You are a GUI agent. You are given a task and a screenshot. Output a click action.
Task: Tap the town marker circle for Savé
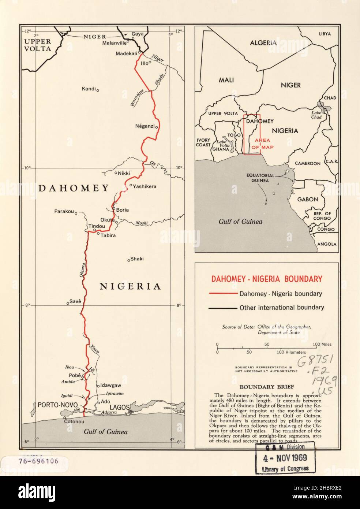[x=68, y=303]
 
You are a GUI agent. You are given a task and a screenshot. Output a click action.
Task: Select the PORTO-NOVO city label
[x=57, y=405]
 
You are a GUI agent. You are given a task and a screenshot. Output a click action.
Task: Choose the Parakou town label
[x=64, y=211]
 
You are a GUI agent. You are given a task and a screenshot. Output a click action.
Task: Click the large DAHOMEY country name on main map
[x=74, y=188]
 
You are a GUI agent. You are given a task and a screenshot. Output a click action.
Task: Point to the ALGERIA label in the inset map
[x=263, y=43]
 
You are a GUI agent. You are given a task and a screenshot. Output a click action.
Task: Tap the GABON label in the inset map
[x=307, y=200]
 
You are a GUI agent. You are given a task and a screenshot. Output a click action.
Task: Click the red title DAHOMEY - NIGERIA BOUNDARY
[x=266, y=279]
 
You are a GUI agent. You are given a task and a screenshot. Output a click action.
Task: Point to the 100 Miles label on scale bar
[x=322, y=345]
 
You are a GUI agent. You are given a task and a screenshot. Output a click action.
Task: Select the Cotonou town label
[x=75, y=421]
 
